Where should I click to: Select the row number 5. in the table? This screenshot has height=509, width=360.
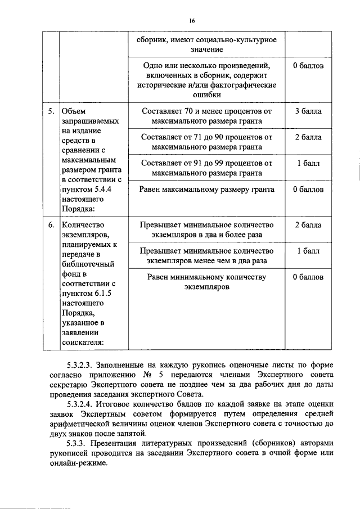coord(51,111)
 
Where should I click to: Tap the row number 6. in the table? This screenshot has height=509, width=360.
coord(51,225)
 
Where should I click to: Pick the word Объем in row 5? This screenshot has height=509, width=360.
coord(74,111)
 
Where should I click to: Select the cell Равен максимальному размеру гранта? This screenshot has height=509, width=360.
coord(206,190)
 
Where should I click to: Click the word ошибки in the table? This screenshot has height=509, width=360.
coord(206,94)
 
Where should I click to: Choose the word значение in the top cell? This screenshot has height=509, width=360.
coord(206,50)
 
